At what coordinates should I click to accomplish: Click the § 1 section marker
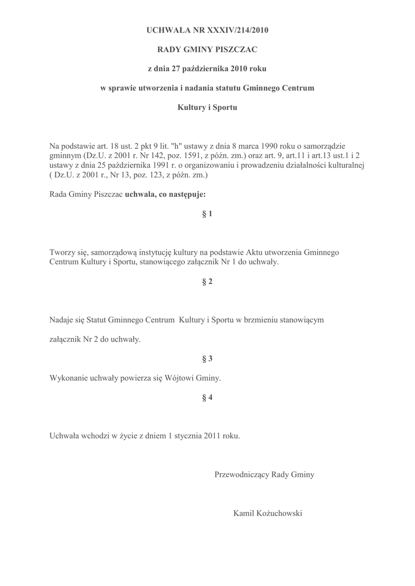(207, 214)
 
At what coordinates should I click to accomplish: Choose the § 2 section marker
(207, 282)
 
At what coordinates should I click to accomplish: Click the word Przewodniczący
(242, 474)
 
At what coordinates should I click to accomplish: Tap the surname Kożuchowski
(278, 513)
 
